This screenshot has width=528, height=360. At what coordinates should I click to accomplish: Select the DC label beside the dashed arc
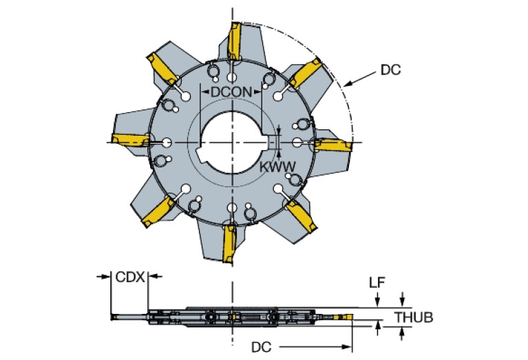pyautogui.click(x=390, y=70)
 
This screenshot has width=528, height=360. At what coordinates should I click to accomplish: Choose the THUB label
pyautogui.click(x=414, y=317)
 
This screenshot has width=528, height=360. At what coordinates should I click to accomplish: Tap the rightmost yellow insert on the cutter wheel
pyautogui.click(x=332, y=146)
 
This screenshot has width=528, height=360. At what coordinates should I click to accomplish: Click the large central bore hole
pyautogui.click(x=231, y=140)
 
